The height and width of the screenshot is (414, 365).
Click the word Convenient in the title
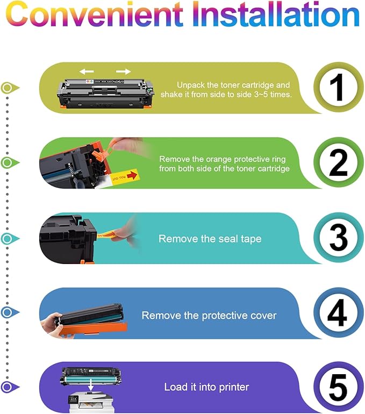click(x=94, y=14)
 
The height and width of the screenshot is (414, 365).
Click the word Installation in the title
click(x=276, y=14)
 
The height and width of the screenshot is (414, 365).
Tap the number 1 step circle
click(x=338, y=88)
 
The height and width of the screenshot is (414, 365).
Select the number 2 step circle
click(x=338, y=162)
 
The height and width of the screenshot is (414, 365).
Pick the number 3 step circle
click(x=338, y=237)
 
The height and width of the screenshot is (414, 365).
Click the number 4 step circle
click(x=338, y=312)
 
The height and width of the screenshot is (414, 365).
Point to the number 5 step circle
click(x=338, y=387)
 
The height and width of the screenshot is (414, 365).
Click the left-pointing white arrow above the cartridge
click(x=87, y=72)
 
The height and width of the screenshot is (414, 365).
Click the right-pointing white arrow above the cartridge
click(x=124, y=72)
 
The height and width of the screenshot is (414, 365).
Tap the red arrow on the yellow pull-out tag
click(x=132, y=175)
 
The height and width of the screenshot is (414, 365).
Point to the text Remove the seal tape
click(x=210, y=239)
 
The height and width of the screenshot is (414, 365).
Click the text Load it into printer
click(x=206, y=387)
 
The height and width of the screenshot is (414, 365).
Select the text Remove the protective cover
click(x=209, y=316)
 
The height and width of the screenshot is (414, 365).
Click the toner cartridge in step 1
click(x=105, y=94)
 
